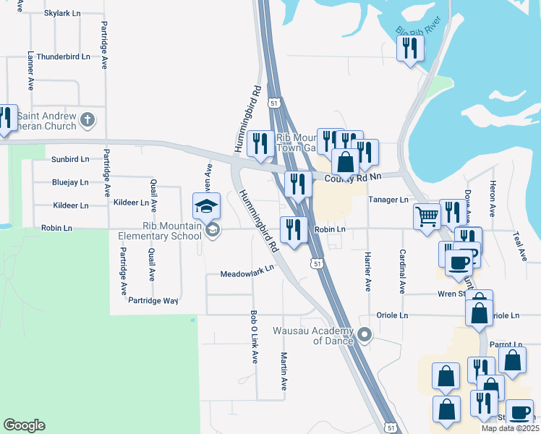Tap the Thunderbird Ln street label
tap(63, 56)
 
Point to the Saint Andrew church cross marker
tap(88, 120)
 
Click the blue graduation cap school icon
tap(206, 206)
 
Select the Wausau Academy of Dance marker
tap(365, 334)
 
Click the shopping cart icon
tap(427, 216)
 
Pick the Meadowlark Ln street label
tap(247, 271)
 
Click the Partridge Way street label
tap(152, 300)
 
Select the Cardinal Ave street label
tap(401, 272)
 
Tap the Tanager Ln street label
tap(388, 200)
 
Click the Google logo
tap(24, 425)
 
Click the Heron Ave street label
tap(492, 198)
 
